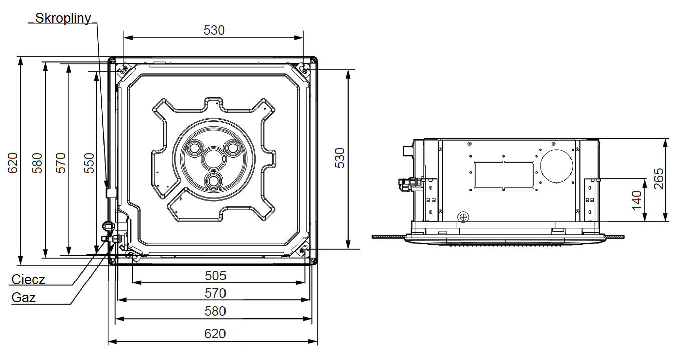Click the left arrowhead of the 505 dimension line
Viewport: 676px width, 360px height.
pyautogui.click(x=136, y=283)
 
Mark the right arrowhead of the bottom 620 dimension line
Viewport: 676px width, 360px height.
pyautogui.click(x=313, y=341)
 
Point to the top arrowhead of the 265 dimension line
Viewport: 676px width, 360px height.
pyautogui.click(x=665, y=143)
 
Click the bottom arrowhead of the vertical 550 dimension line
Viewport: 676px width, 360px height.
pyautogui.click(x=97, y=250)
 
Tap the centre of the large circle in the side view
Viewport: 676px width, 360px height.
pyautogui.click(x=557, y=166)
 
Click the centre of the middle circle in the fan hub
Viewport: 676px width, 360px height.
pyautogui.click(x=214, y=158)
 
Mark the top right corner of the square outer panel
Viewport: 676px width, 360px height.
pyautogui.click(x=317, y=57)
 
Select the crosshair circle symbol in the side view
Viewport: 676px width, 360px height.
pyautogui.click(x=463, y=217)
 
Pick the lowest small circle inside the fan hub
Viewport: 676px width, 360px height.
pyautogui.click(x=214, y=181)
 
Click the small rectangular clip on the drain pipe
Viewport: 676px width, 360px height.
pyautogui.click(x=111, y=193)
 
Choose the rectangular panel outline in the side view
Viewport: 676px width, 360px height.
pyautogui.click(x=504, y=175)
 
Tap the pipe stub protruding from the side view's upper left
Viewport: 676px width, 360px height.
pyautogui.click(x=408, y=151)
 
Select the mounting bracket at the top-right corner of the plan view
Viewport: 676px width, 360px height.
pyautogui.click(x=303, y=70)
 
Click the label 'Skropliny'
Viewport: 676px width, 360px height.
pyautogui.click(x=63, y=18)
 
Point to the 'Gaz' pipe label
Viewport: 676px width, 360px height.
pyautogui.click(x=23, y=298)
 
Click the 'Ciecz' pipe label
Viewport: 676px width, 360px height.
pyautogui.click(x=28, y=280)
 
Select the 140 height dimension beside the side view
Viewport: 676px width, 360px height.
pyautogui.click(x=637, y=200)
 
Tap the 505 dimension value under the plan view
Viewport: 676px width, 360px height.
pyautogui.click(x=215, y=276)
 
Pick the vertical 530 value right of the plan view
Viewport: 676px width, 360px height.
pyautogui.click(x=340, y=158)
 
